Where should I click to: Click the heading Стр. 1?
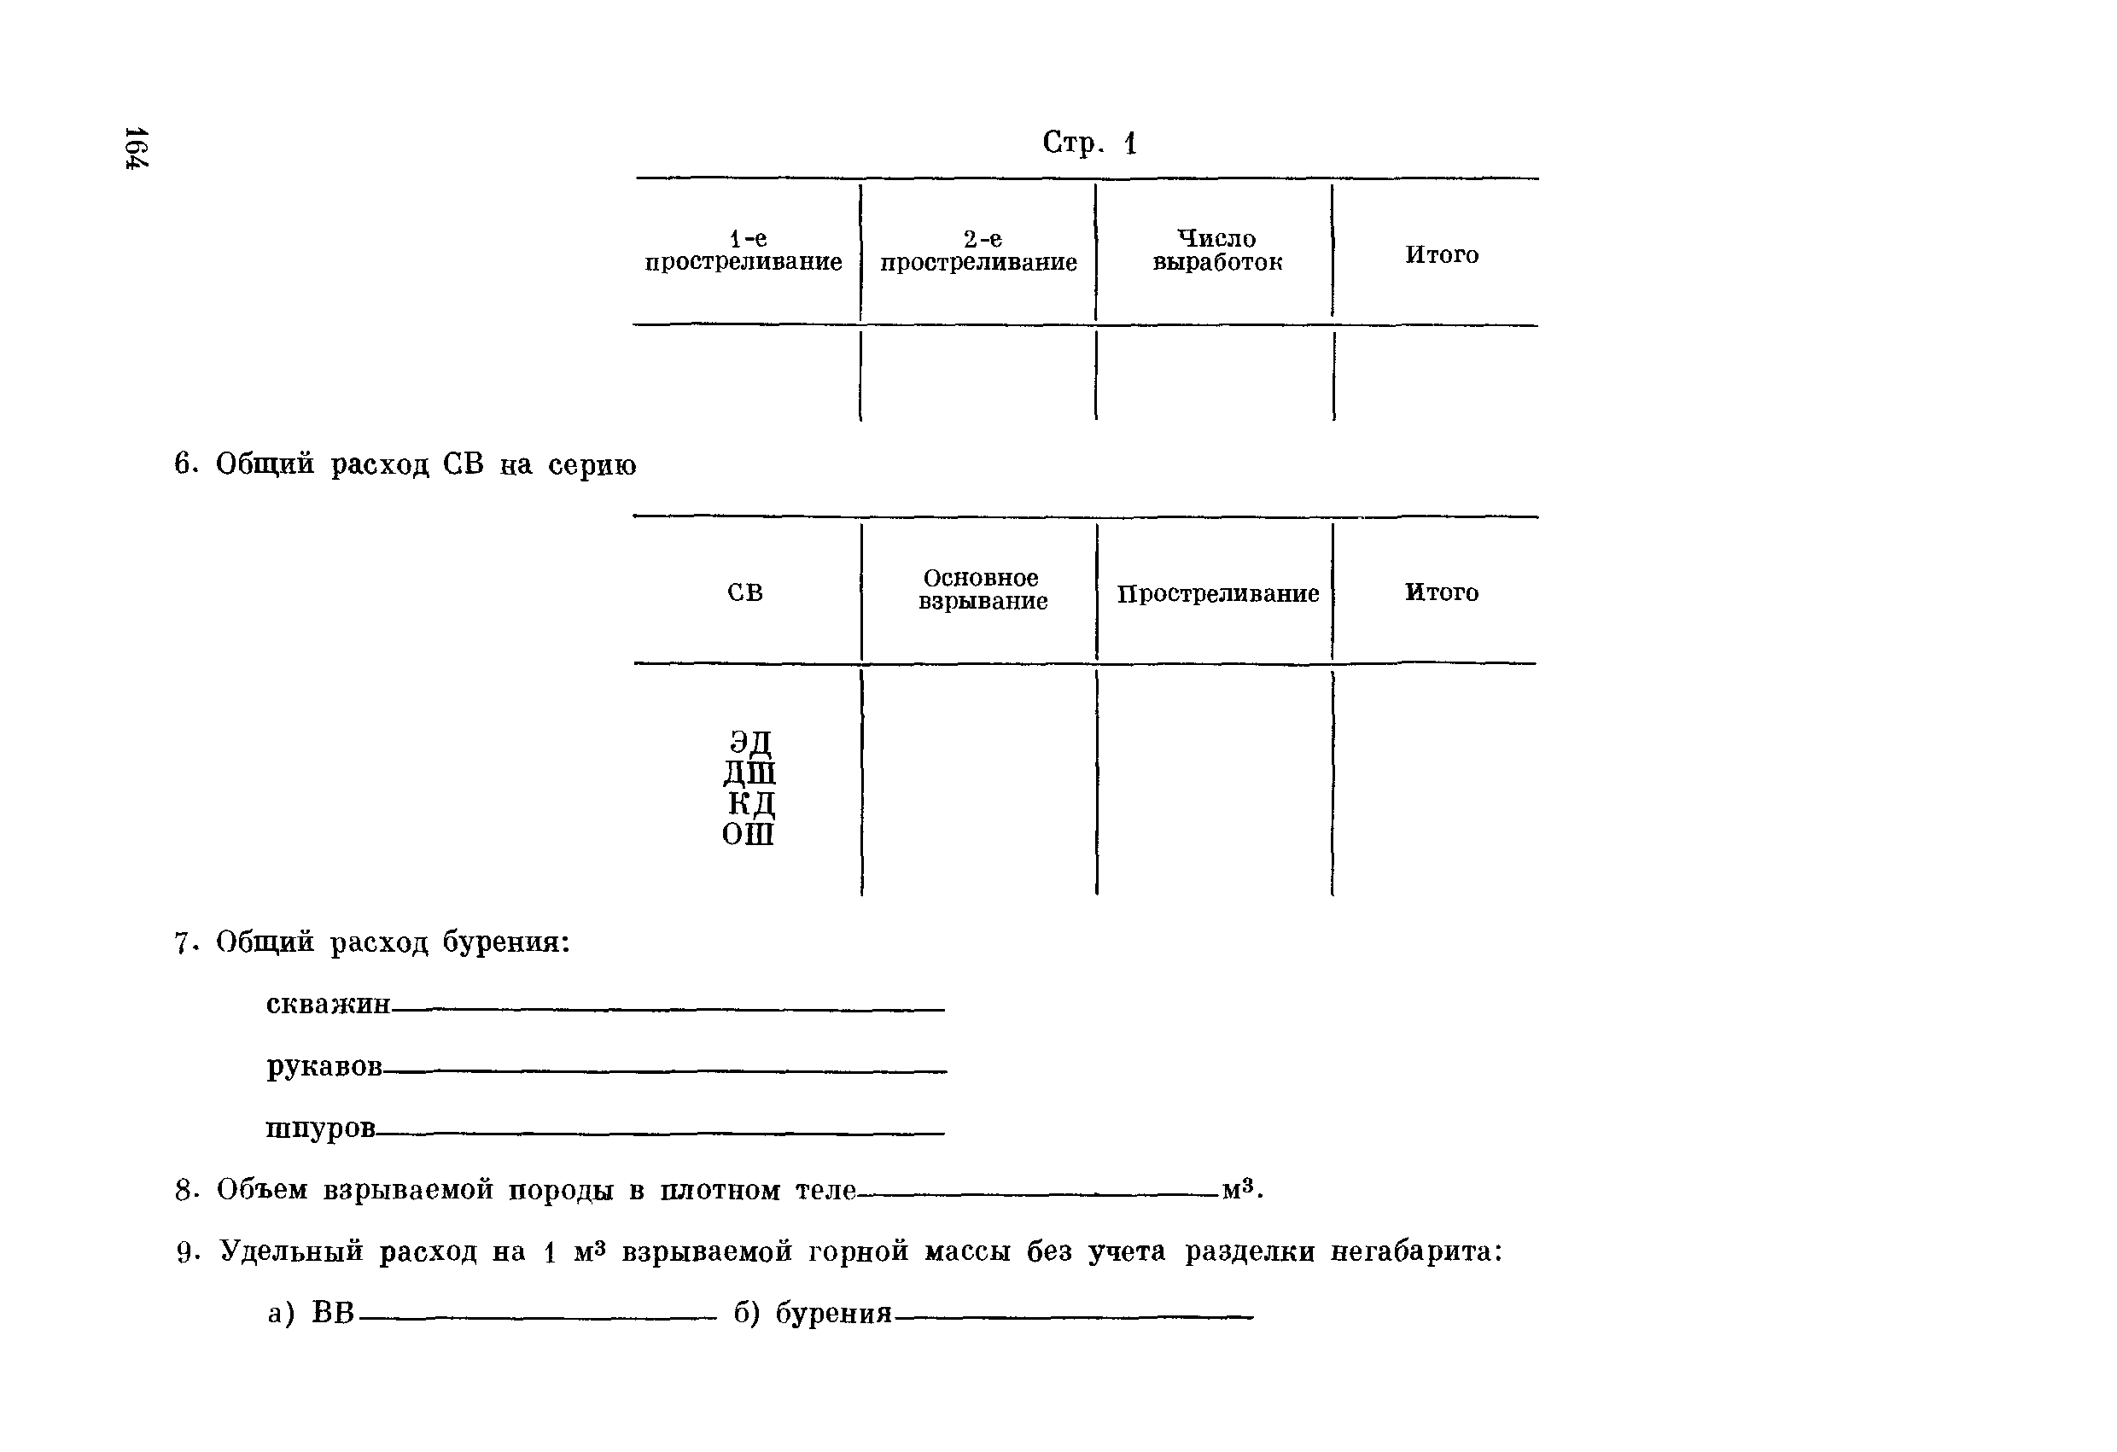pyautogui.click(x=1088, y=143)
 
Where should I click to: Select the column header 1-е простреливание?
pyautogui.click(x=744, y=250)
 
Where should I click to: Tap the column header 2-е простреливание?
pyautogui.click(x=978, y=250)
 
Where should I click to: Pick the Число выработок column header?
pyautogui.click(x=1217, y=250)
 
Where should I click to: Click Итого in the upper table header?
pyautogui.click(x=1441, y=255)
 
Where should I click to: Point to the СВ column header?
pyautogui.click(x=744, y=593)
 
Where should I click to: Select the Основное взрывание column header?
pyautogui.click(x=982, y=589)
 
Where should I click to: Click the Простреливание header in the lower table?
pyautogui.click(x=1217, y=594)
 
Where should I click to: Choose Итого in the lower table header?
pyautogui.click(x=1441, y=593)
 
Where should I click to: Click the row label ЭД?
pyautogui.click(x=749, y=743)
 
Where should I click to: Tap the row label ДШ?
pyautogui.click(x=749, y=773)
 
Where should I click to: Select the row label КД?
pyautogui.click(x=750, y=803)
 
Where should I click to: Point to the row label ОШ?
pyautogui.click(x=748, y=833)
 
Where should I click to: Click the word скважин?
pyautogui.click(x=328, y=1004)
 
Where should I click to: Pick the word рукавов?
pyautogui.click(x=324, y=1066)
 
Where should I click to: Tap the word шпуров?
pyautogui.click(x=320, y=1128)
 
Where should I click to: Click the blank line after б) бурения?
pyautogui.click(x=1073, y=1316)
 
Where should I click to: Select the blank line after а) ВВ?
pyautogui.click(x=538, y=1316)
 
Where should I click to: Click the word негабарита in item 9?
pyautogui.click(x=1415, y=1251)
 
